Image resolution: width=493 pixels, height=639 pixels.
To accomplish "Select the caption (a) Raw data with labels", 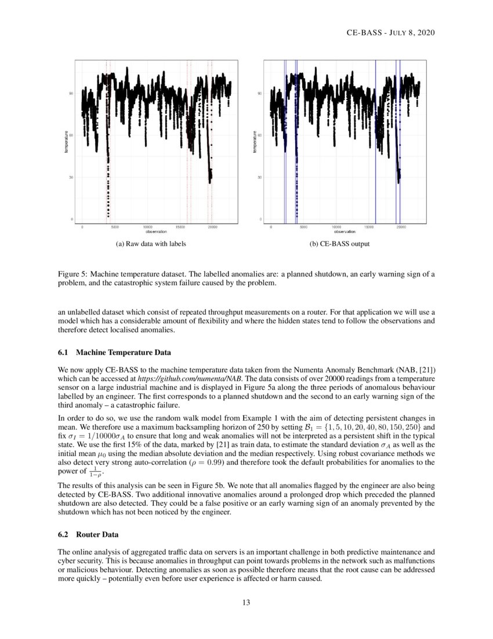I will [x=151, y=244].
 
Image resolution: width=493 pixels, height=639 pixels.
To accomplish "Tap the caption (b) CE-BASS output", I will [x=340, y=244].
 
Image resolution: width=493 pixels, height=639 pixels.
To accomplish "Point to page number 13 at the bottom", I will [x=246, y=602].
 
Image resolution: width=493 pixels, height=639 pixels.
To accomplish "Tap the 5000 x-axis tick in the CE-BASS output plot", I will [x=303, y=227].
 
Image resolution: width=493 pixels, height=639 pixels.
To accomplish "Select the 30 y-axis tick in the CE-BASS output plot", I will [x=259, y=177].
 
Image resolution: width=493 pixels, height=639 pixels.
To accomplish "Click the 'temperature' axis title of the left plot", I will [x=66, y=141].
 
